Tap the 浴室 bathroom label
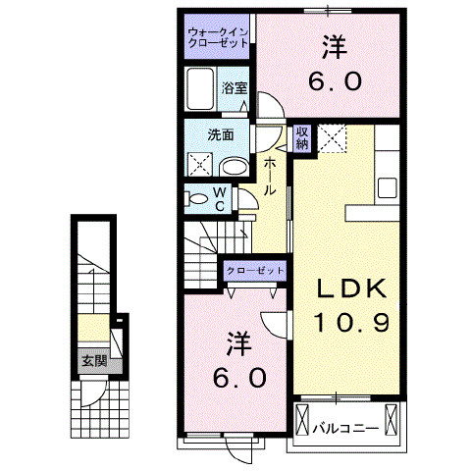coord(235,88)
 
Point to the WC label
coord(220,199)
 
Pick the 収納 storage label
coord(302,137)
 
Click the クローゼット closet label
coord(254,269)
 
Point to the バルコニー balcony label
coord(346,429)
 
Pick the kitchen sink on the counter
coord(387,186)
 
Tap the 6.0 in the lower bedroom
coord(238,378)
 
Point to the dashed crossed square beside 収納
coord(334,138)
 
